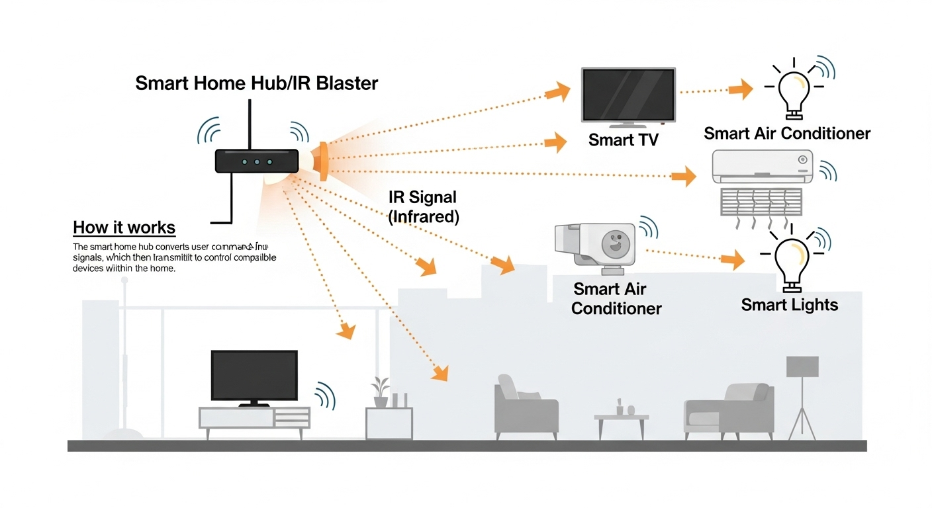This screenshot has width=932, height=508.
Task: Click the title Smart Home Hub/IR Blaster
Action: [256, 83]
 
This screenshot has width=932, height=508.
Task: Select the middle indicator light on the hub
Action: [257, 162]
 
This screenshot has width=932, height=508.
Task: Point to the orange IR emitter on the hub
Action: [322, 161]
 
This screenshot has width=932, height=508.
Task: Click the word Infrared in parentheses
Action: [424, 216]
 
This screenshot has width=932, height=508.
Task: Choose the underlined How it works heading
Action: [124, 228]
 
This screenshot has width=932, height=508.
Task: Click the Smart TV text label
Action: [623, 140]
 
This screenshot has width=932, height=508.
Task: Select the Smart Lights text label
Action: [789, 305]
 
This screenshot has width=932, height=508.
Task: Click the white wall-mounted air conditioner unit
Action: [761, 166]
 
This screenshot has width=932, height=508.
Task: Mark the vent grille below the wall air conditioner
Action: [761, 201]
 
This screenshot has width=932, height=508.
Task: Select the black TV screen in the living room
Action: [254, 375]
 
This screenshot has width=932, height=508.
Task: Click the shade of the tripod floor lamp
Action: [802, 366]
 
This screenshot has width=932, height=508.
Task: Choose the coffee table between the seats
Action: [621, 424]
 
